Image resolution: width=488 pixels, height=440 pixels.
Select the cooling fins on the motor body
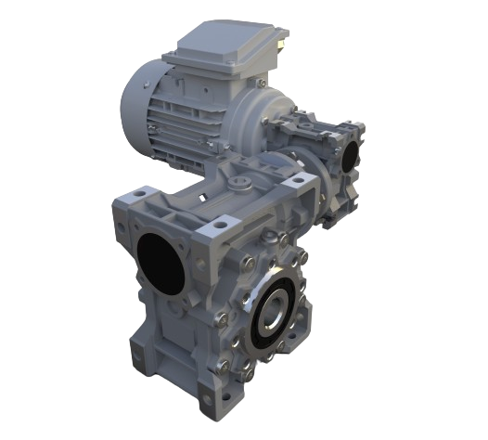coord(186,130)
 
